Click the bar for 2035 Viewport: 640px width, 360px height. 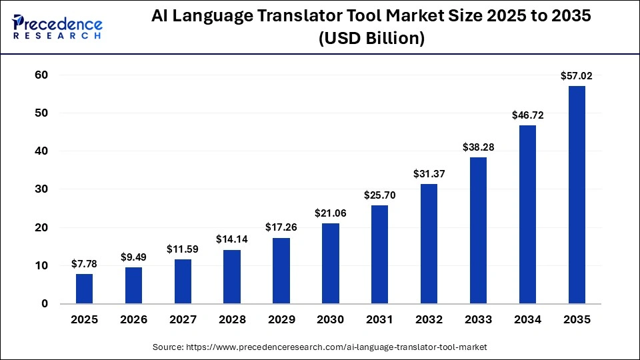[577, 195]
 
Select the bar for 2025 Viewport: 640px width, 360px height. [85, 289]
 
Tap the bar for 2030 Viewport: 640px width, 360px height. [331, 263]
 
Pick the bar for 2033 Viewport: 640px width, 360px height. [478, 231]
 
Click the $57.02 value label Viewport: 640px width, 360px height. [577, 77]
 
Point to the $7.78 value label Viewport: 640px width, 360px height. [85, 265]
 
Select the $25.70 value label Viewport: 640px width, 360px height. [380, 195]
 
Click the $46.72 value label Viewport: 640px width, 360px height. [527, 115]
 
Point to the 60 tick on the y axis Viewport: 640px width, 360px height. [41, 75]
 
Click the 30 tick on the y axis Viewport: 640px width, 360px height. [41, 189]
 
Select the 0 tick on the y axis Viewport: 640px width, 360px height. [45, 304]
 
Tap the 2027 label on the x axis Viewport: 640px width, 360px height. [183, 320]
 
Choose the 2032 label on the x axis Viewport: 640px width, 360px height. [429, 320]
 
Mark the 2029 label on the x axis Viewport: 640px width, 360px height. [281, 320]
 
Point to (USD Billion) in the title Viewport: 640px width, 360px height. [371, 39]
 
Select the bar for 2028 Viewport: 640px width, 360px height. [232, 277]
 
